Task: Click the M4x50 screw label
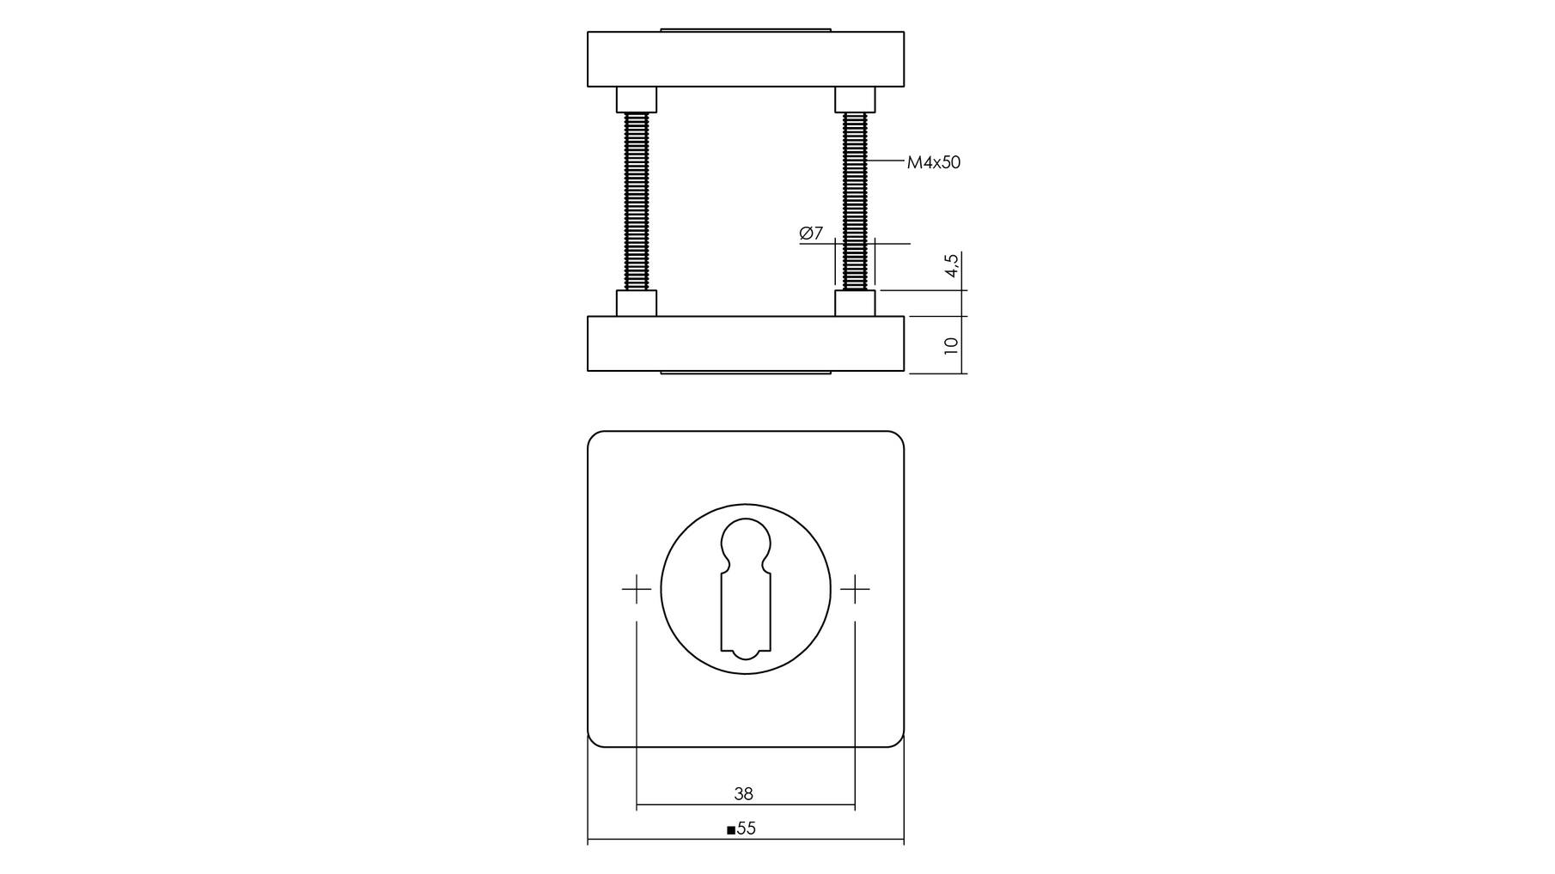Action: (x=934, y=162)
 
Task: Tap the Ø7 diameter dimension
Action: (x=811, y=233)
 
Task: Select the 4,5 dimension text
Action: (x=951, y=265)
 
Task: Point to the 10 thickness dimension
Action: (x=951, y=345)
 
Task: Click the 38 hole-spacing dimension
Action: (x=744, y=794)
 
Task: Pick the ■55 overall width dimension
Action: (x=741, y=828)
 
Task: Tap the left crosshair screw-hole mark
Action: (x=637, y=589)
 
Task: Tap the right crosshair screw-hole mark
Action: (x=855, y=589)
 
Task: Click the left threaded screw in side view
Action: (x=637, y=202)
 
